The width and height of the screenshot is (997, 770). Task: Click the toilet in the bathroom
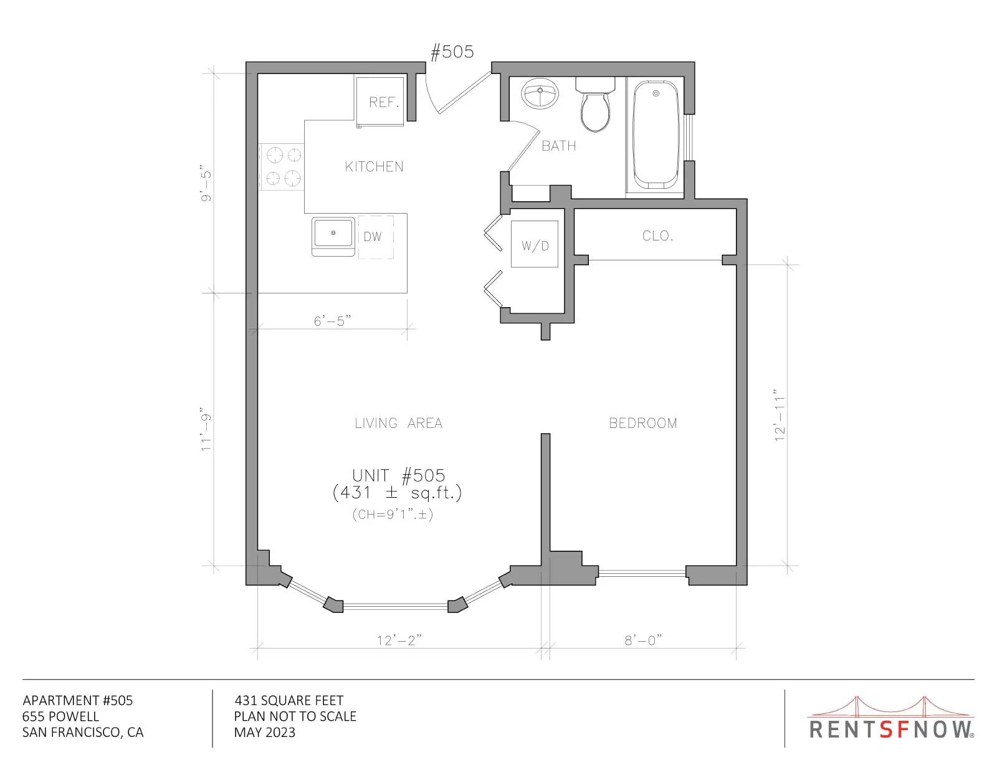(x=595, y=105)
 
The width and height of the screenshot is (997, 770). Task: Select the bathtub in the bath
(x=656, y=135)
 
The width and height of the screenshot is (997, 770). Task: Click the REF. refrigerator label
(x=384, y=102)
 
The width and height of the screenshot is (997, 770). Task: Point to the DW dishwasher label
(x=373, y=236)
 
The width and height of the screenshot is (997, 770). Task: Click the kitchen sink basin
(x=333, y=234)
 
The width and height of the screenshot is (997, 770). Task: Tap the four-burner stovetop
(x=281, y=166)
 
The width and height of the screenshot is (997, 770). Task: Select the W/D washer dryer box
(x=535, y=244)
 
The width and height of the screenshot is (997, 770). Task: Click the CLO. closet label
(x=657, y=235)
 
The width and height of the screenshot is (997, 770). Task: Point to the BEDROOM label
(x=643, y=423)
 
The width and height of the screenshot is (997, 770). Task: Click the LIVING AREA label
(x=399, y=423)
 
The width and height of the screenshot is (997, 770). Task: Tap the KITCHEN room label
(x=374, y=166)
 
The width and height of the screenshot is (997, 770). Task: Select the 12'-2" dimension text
(x=399, y=640)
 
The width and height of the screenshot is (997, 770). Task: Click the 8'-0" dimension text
(x=643, y=640)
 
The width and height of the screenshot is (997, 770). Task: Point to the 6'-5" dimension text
(x=333, y=321)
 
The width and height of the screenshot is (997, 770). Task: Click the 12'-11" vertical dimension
(x=780, y=415)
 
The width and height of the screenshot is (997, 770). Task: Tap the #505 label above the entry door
(x=452, y=52)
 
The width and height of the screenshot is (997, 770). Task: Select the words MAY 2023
(x=265, y=733)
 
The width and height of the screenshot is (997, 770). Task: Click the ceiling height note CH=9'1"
(x=393, y=515)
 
